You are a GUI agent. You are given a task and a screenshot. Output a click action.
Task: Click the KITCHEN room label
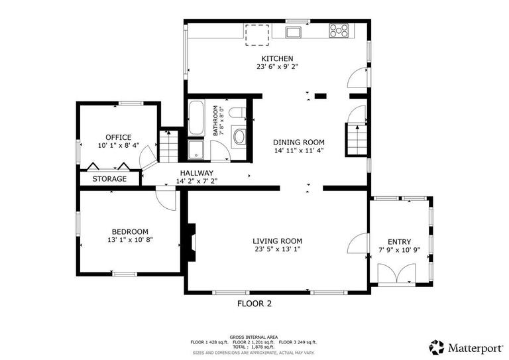(x=277, y=58)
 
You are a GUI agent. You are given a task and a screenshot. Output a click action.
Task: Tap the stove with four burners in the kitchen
(x=339, y=29)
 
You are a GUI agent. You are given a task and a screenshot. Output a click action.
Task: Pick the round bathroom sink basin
(x=239, y=137)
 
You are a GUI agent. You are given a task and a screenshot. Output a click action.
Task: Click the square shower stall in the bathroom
(x=197, y=150)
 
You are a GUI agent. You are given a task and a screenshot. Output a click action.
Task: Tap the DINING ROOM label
(x=299, y=142)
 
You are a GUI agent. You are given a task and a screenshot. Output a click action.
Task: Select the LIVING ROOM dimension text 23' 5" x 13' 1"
(x=277, y=249)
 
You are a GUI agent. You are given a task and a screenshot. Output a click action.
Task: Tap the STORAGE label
(x=109, y=179)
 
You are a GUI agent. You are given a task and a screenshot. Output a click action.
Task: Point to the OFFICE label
(x=119, y=137)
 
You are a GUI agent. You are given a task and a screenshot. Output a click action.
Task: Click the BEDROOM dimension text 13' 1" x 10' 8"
(x=129, y=239)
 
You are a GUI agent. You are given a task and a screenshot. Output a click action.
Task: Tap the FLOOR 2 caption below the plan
(x=254, y=304)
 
